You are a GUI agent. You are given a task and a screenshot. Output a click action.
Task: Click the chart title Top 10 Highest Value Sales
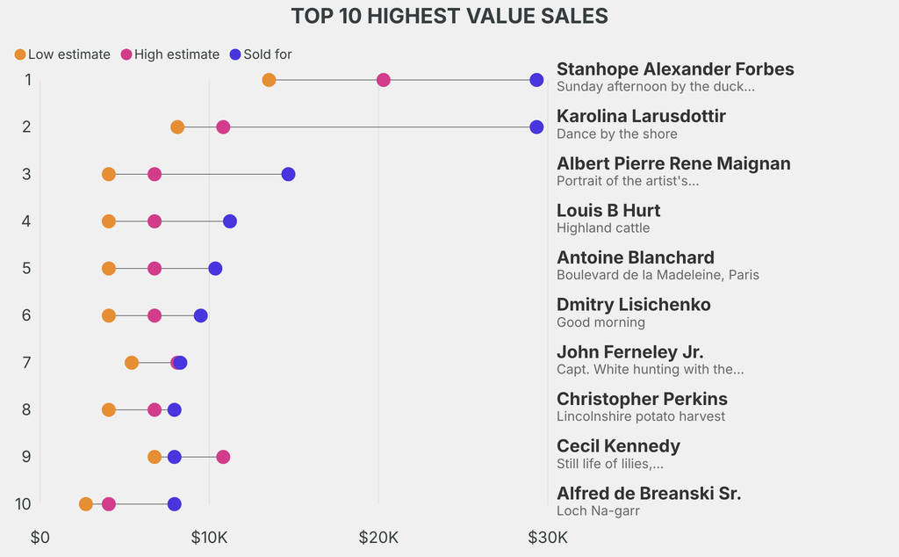(449, 16)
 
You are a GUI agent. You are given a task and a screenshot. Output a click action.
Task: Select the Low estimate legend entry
(62, 54)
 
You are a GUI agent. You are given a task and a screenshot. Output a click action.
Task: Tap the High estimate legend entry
(169, 54)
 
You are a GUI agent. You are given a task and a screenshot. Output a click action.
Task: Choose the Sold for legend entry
(260, 54)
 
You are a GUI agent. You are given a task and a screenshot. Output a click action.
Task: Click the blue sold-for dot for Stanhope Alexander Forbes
(536, 80)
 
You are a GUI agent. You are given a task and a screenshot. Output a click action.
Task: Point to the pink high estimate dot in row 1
(384, 80)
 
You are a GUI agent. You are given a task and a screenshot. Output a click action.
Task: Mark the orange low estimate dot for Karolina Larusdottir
(177, 127)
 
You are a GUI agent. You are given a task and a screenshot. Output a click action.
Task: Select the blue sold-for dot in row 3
(288, 174)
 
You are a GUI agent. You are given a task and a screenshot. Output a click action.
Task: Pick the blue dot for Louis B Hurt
(230, 221)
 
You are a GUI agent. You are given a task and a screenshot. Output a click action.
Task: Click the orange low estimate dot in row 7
(132, 363)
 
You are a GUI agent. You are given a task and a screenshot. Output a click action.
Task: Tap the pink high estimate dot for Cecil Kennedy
(223, 457)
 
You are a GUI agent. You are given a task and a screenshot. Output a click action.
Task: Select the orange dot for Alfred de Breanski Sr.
(86, 503)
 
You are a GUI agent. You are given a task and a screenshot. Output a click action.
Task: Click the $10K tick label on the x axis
(209, 538)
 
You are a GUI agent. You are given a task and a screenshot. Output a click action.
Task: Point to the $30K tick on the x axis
(548, 538)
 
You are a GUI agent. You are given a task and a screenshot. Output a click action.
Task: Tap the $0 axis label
(40, 538)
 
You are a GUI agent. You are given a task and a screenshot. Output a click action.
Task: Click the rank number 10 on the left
(23, 503)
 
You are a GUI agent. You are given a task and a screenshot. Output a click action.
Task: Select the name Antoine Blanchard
(636, 257)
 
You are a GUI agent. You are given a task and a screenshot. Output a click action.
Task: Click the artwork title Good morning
(601, 322)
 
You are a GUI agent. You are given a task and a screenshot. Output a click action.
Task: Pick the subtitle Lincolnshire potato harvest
(641, 416)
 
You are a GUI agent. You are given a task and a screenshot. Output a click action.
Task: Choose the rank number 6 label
(26, 315)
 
